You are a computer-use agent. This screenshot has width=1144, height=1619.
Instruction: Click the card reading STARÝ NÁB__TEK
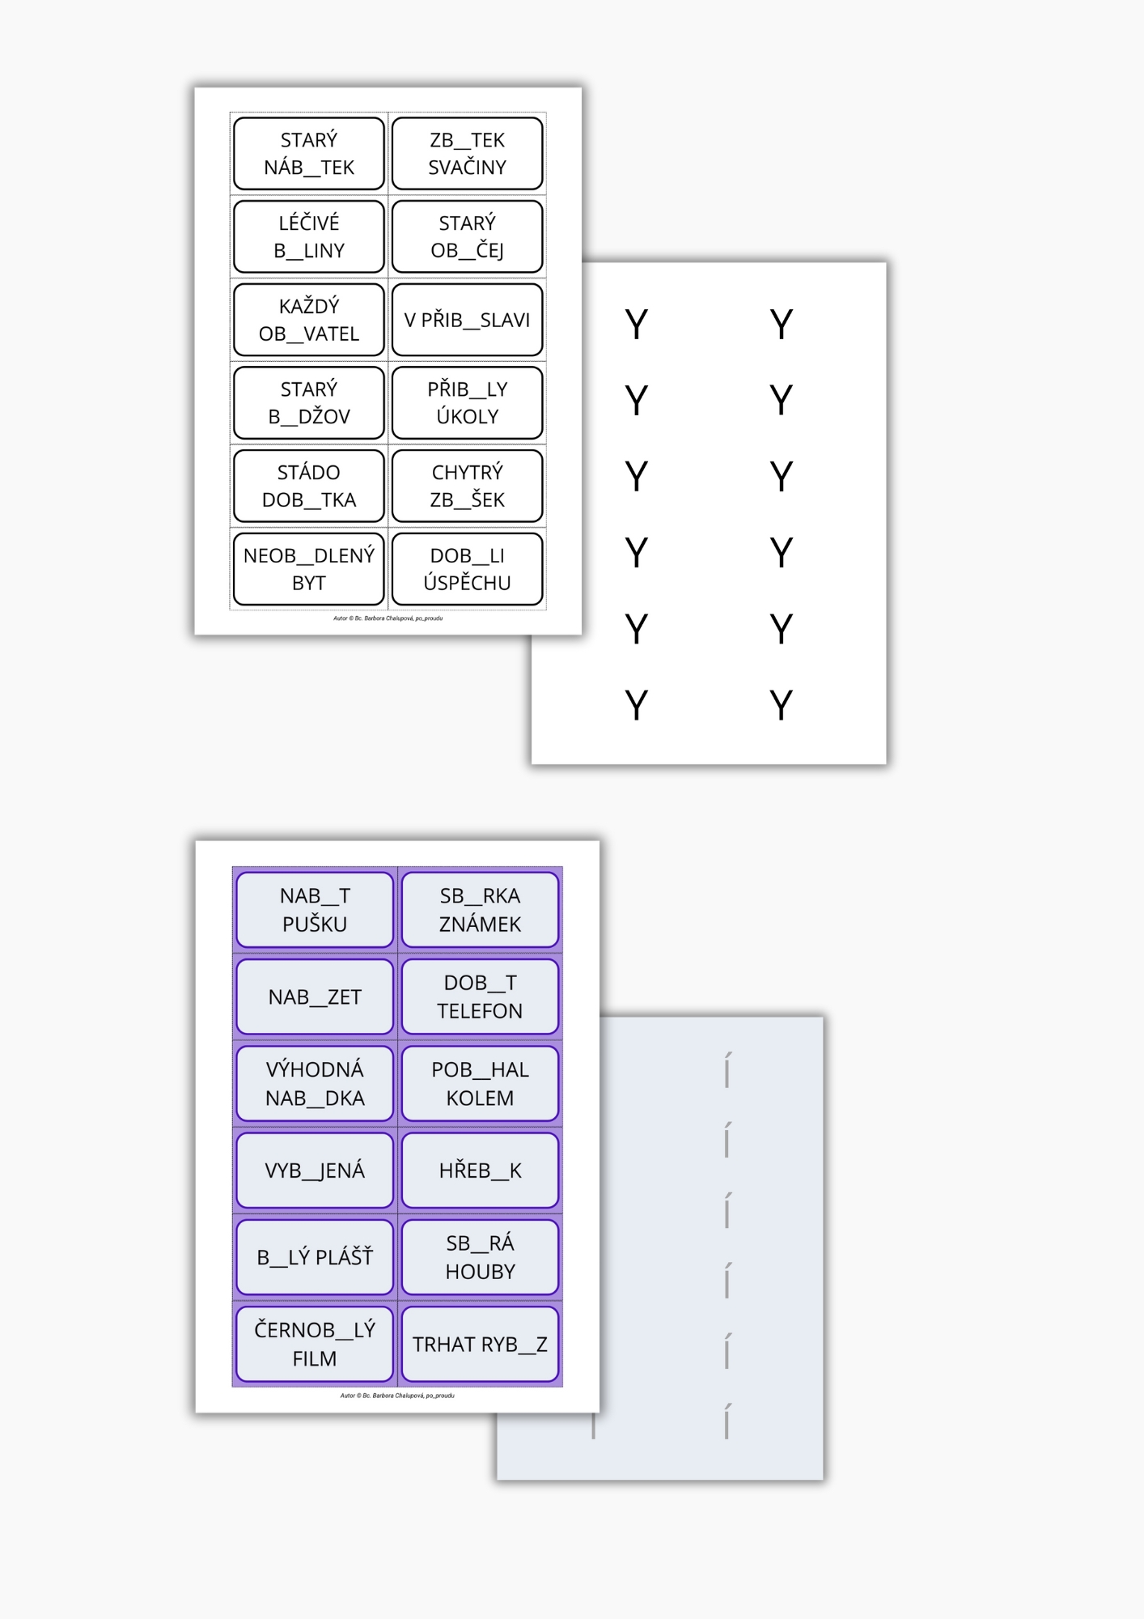[x=308, y=154]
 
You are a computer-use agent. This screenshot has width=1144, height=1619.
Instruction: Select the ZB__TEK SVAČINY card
[x=467, y=154]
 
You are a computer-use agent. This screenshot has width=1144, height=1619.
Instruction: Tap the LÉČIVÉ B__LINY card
[x=308, y=236]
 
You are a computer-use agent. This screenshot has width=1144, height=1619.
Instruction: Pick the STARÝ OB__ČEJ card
[x=467, y=236]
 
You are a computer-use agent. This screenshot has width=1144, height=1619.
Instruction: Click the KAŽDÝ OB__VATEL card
[x=308, y=320]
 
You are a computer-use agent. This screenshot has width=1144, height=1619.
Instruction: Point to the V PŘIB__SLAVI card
[x=467, y=320]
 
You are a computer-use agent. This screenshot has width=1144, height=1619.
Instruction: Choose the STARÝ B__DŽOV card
[x=308, y=403]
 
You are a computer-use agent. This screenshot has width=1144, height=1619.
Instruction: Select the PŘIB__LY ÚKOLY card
[x=467, y=403]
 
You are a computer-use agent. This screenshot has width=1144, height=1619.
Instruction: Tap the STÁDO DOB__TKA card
[x=308, y=486]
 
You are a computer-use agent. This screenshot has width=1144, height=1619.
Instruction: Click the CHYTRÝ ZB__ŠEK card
[x=467, y=486]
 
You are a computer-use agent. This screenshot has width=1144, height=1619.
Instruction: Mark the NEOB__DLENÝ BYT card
[x=308, y=569]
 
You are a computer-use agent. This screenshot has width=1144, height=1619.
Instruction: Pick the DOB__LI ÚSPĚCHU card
[x=467, y=569]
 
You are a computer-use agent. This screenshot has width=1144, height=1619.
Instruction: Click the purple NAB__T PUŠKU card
[x=315, y=910]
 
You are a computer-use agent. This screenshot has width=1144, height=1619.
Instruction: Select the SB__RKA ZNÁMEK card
[x=480, y=910]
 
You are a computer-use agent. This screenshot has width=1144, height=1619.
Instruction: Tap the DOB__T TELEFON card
[x=480, y=996]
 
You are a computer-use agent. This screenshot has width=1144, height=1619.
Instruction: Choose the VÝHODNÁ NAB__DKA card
[x=315, y=1083]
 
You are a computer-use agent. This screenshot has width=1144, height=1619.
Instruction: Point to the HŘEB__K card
[x=480, y=1171]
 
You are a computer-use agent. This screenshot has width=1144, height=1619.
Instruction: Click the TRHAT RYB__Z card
[x=480, y=1344]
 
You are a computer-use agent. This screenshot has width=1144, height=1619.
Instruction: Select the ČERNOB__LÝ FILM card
[x=315, y=1344]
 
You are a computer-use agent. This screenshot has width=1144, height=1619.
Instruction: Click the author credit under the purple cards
[x=397, y=1396]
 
